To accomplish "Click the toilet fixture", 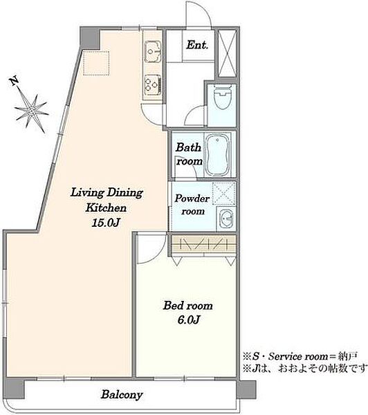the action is pyautogui.click(x=222, y=97).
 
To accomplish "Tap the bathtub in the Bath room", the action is pyautogui.click(x=217, y=155).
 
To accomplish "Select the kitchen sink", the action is pyautogui.click(x=153, y=52).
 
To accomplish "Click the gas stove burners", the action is pyautogui.click(x=153, y=84).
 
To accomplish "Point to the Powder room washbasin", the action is pyautogui.click(x=226, y=219).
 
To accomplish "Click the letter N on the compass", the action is pyautogui.click(x=15, y=81).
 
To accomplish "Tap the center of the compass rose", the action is pyautogui.click(x=32, y=111).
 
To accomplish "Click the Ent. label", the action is pyautogui.click(x=197, y=45).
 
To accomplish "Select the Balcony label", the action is pyautogui.click(x=122, y=395).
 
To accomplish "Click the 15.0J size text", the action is pyautogui.click(x=106, y=223).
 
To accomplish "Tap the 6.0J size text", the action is pyautogui.click(x=188, y=320).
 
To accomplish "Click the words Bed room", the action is pyautogui.click(x=187, y=306).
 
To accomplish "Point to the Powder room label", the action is pyautogui.click(x=192, y=205).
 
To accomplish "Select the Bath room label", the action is pyautogui.click(x=189, y=154).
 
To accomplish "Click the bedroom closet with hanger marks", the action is pyautogui.click(x=203, y=243).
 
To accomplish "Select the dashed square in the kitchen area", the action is pyautogui.click(x=96, y=63).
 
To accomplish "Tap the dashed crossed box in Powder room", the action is pyautogui.click(x=223, y=193).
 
